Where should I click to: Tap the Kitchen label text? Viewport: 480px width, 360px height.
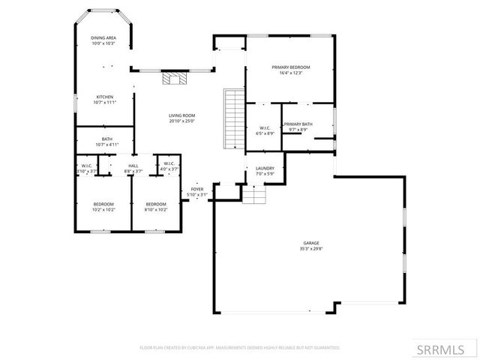[104, 97]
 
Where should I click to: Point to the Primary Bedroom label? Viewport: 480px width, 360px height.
[289, 67]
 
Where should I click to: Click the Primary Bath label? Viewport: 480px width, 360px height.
[298, 124]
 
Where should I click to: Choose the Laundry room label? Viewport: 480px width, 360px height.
[265, 168]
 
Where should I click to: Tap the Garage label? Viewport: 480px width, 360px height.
[311, 243]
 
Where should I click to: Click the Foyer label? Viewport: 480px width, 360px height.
[197, 189]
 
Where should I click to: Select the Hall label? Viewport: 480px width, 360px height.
[133, 166]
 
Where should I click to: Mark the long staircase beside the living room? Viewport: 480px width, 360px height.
[234, 118]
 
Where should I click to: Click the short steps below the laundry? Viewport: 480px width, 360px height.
[254, 196]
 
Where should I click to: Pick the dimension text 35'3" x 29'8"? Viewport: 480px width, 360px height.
[311, 249]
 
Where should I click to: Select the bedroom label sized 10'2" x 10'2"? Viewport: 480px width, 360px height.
[103, 205]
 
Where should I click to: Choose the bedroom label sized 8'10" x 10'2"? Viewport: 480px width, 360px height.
[155, 205]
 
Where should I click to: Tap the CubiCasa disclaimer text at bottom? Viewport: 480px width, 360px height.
[240, 348]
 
